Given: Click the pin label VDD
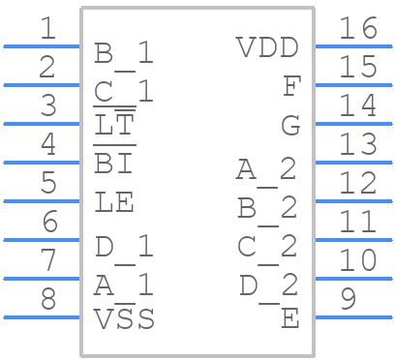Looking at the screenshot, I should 267,46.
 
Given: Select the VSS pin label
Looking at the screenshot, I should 124,318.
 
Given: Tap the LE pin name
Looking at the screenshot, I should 114,203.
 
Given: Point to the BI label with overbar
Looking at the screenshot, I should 113,164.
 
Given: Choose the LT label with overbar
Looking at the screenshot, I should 114,125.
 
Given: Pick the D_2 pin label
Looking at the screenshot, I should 268,286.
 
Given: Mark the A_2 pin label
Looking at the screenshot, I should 266,170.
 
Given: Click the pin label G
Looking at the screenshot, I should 289,125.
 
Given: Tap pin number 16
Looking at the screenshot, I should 357,29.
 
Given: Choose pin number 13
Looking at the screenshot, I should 357,145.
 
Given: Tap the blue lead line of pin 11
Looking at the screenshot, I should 353,240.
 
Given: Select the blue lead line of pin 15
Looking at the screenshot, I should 353,85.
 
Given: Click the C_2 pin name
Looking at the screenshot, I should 267,248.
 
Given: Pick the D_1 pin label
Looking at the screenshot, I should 124,248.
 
